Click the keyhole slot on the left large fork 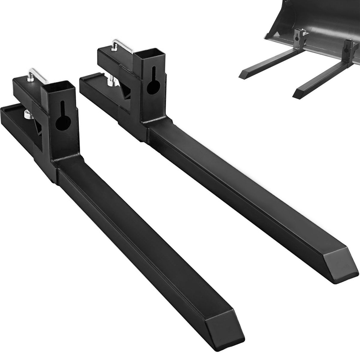(x=63, y=115)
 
